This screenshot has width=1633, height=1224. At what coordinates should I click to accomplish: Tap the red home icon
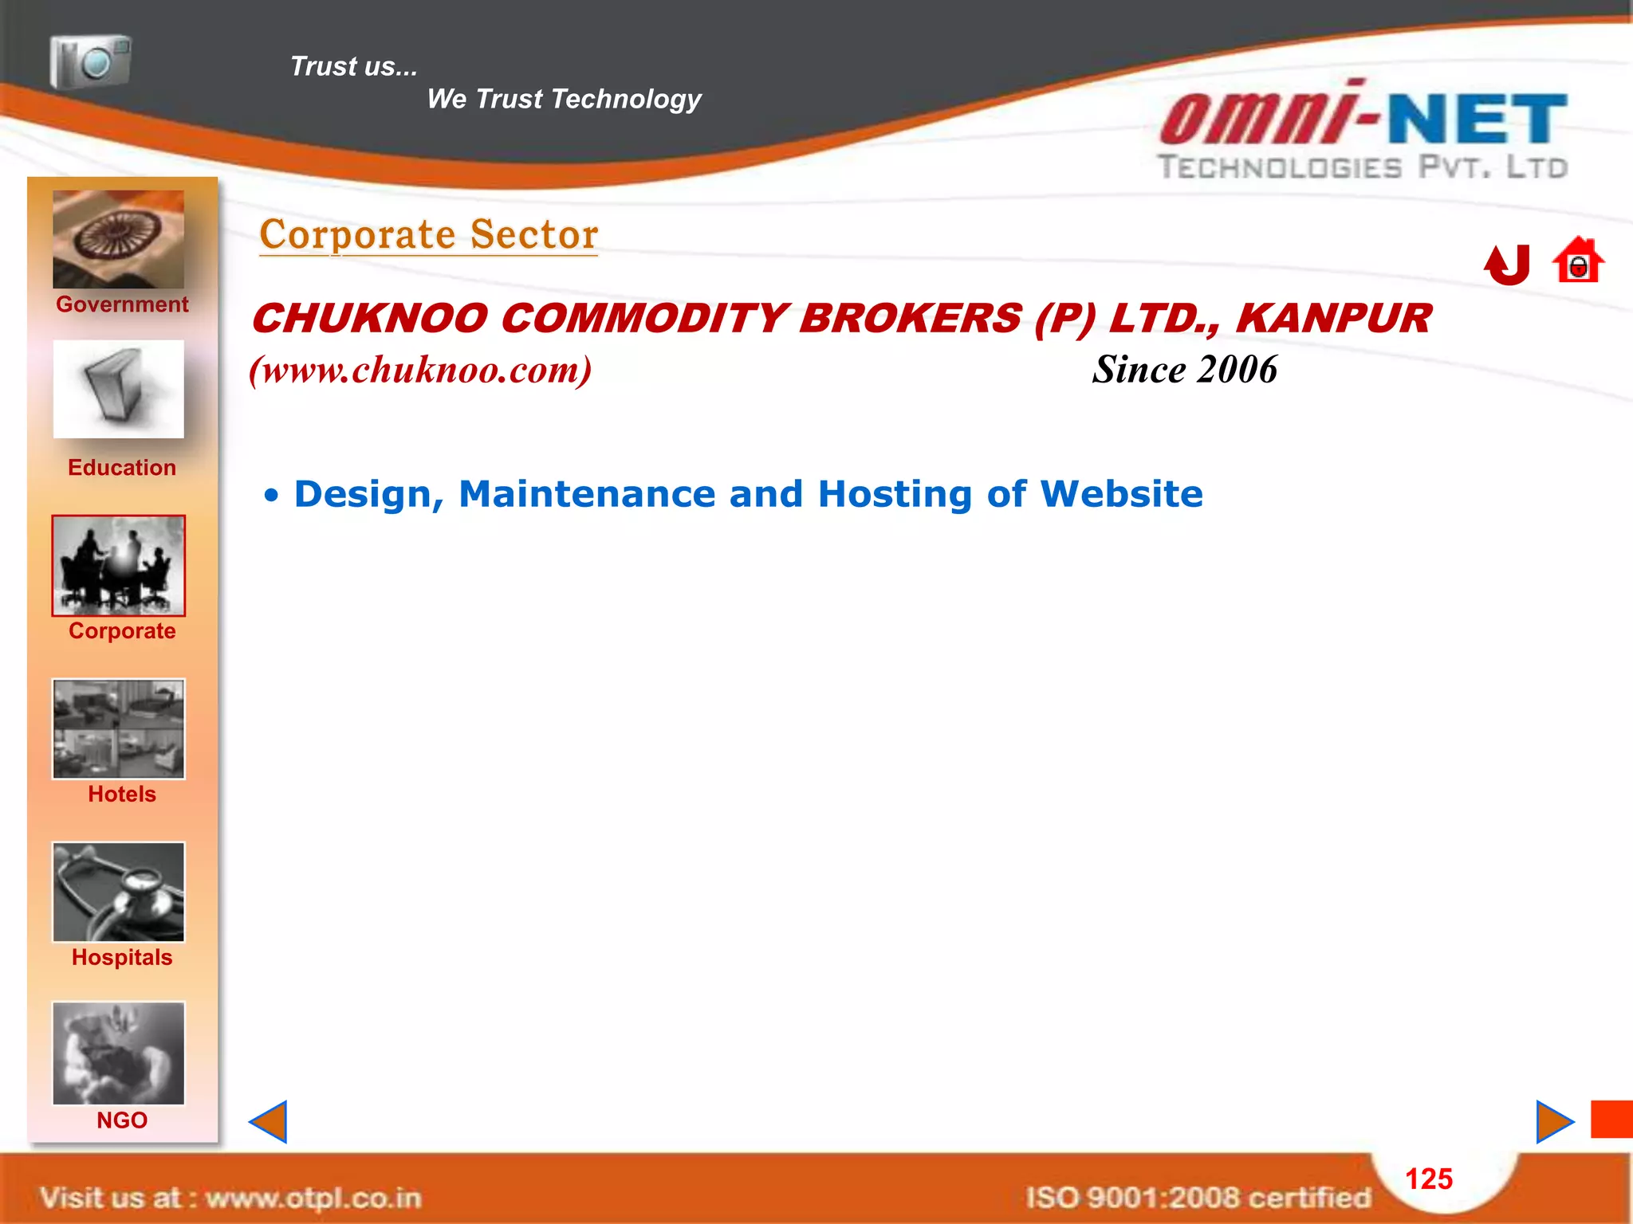click(x=1578, y=261)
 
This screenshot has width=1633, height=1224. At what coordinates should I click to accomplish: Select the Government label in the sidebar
click(x=122, y=304)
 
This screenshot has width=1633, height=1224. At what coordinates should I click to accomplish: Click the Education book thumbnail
click(x=119, y=389)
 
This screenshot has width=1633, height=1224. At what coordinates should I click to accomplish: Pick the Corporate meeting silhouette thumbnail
click(x=119, y=565)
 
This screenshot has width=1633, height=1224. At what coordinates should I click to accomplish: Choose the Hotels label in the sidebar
click(x=122, y=794)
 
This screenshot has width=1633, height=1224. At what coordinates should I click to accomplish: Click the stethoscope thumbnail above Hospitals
click(x=119, y=892)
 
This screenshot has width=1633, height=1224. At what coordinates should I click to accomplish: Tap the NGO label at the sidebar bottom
click(x=122, y=1120)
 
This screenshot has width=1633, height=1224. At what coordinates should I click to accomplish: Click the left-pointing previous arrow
click(x=269, y=1122)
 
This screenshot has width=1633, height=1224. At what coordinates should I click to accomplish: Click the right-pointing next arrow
click(x=1554, y=1122)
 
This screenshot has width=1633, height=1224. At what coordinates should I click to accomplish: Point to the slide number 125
click(x=1429, y=1179)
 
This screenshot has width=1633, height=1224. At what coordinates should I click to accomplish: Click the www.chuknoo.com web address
click(x=420, y=370)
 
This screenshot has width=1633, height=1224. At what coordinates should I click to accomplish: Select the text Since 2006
click(x=1185, y=370)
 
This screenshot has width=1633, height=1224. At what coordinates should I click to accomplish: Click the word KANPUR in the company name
click(x=1334, y=319)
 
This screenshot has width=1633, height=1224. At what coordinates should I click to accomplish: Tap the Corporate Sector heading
click(x=429, y=234)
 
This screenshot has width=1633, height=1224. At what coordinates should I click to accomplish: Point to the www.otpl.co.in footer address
click(x=313, y=1198)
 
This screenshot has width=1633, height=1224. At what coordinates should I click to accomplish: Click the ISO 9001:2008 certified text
click(x=1198, y=1198)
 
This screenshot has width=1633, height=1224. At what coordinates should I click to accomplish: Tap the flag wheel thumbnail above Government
click(x=119, y=239)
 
